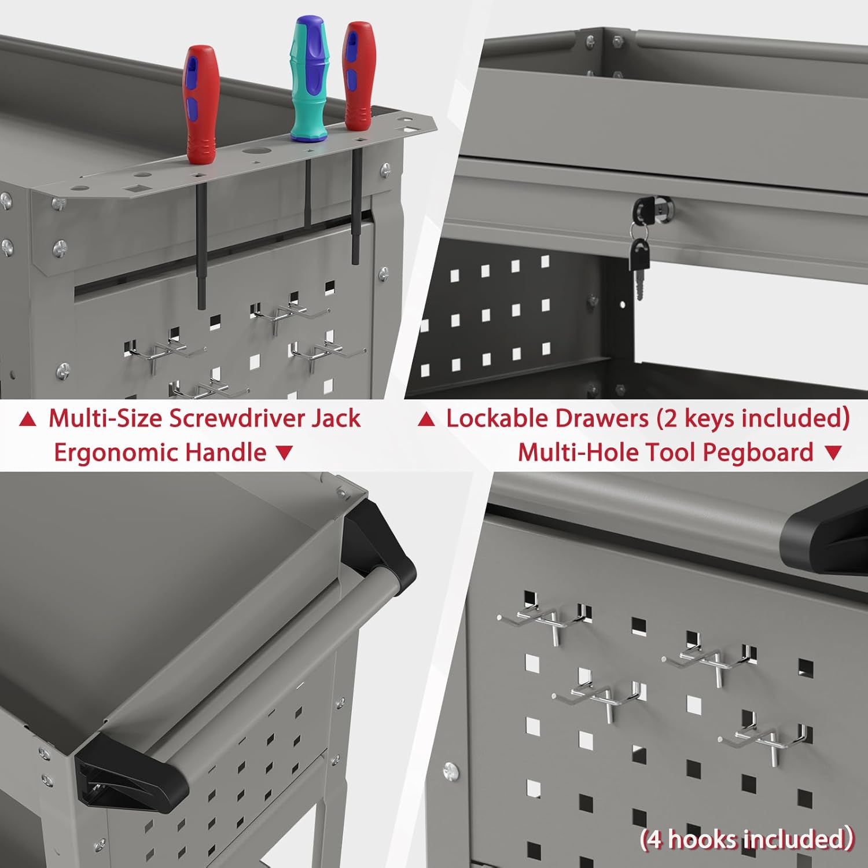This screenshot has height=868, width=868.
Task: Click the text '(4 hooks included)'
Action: [x=746, y=838]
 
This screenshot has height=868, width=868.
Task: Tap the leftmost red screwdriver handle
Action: [x=201, y=104]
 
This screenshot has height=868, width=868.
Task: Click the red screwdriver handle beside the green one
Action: [x=359, y=75]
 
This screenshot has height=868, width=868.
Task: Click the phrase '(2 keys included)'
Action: [x=752, y=418]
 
